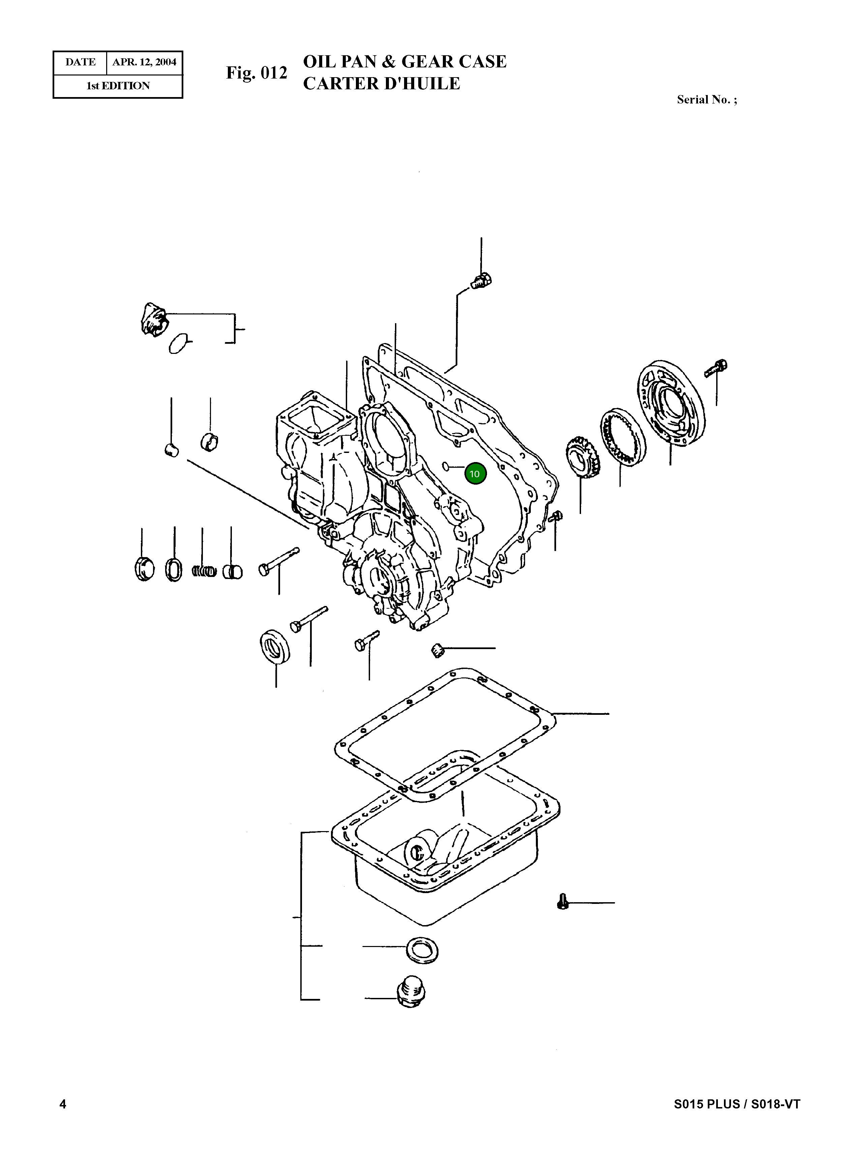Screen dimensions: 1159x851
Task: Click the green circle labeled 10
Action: pos(475,474)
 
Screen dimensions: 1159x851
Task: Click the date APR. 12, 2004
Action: pos(144,62)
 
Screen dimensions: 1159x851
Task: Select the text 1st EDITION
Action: pos(118,86)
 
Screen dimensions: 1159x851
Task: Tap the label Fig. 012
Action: pos(256,73)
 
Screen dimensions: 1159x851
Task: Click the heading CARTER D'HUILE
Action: pos(381,84)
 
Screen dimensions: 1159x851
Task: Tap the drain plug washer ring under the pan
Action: pos(422,949)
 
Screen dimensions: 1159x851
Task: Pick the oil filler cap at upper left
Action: pos(153,319)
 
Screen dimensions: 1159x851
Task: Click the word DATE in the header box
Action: pos(80,62)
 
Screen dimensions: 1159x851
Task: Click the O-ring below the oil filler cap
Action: pos(178,343)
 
